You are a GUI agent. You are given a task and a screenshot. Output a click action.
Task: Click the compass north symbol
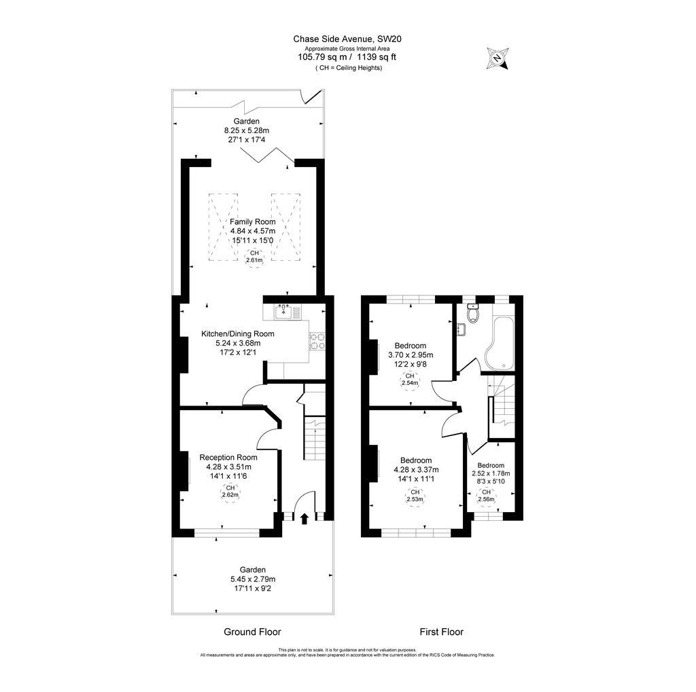[498, 58]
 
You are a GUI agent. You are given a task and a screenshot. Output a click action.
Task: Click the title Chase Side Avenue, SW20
[347, 39]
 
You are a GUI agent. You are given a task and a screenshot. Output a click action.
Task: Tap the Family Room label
[252, 222]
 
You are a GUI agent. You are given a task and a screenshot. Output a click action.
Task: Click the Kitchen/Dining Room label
[237, 333]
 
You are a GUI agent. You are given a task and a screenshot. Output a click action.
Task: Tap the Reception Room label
[228, 457]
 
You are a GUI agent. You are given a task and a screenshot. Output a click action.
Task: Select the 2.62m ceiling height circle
[230, 492]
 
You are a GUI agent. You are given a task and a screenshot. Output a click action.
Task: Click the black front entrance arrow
[304, 519]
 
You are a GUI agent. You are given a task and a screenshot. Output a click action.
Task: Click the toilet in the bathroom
[473, 313]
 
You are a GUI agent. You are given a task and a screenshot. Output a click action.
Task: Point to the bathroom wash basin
[462, 330]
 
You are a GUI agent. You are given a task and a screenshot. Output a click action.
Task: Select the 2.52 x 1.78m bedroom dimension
[491, 473]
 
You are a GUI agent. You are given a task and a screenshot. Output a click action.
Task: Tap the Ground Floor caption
[252, 632]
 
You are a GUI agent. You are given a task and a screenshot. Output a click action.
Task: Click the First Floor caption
[441, 632]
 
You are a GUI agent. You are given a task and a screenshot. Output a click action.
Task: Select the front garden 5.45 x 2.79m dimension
[252, 579]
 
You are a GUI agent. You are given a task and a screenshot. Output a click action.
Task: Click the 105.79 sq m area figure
[321, 57]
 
